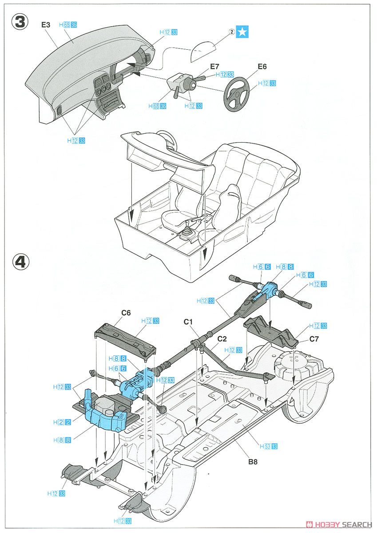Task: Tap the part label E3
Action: point(46,25)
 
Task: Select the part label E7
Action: point(214,66)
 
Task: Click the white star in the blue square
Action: point(242,32)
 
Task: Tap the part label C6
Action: point(126,312)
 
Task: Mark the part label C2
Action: point(222,338)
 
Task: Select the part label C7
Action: point(314,340)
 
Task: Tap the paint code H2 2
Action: point(62,422)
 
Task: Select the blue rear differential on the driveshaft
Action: point(269,291)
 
